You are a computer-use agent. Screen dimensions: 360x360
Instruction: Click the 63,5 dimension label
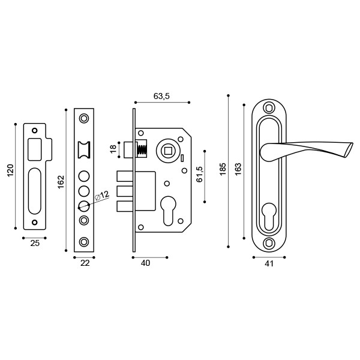coord(162,96)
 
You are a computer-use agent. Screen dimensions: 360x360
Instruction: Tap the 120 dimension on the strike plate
coord(10,171)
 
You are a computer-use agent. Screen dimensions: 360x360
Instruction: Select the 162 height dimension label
coord(61,181)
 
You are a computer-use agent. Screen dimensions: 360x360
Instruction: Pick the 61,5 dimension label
coord(200,174)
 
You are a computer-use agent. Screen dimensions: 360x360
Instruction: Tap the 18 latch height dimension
coord(113,149)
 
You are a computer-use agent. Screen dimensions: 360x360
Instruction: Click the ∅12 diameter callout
coord(102,196)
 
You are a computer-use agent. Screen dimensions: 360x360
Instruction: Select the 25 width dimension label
coord(35,244)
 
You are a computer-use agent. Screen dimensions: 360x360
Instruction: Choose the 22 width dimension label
coord(84,263)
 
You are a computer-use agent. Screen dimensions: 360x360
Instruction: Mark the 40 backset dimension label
coord(145,263)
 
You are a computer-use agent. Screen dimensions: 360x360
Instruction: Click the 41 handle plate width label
coord(269,263)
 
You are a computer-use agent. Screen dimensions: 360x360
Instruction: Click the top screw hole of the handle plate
coord(268,108)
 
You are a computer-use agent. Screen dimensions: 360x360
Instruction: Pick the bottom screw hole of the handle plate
coord(268,243)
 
